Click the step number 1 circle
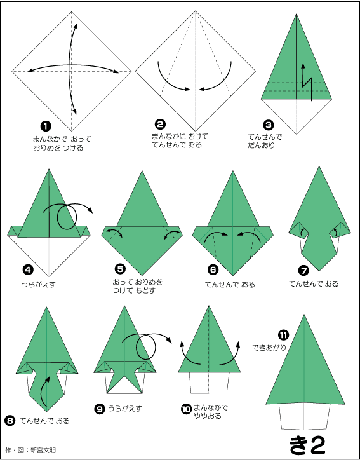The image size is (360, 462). tap(46, 126)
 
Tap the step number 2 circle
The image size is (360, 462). tap(160, 125)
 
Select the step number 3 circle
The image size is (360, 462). tap(268, 125)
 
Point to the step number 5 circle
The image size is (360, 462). tap(120, 269)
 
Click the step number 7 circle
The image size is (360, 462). tap(303, 270)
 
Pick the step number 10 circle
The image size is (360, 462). tap(186, 409)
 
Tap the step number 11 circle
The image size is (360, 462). tap(283, 335)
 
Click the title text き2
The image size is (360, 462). tap(307, 445)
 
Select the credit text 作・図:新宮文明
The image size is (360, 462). tap(30, 450)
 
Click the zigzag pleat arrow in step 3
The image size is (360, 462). tap(307, 83)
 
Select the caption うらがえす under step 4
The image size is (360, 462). tap(39, 284)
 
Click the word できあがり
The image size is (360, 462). tap(269, 348)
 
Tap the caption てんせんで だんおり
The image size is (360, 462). tap(265, 141)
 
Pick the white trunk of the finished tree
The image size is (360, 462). tap(303, 416)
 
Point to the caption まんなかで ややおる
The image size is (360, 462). tap(210, 412)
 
